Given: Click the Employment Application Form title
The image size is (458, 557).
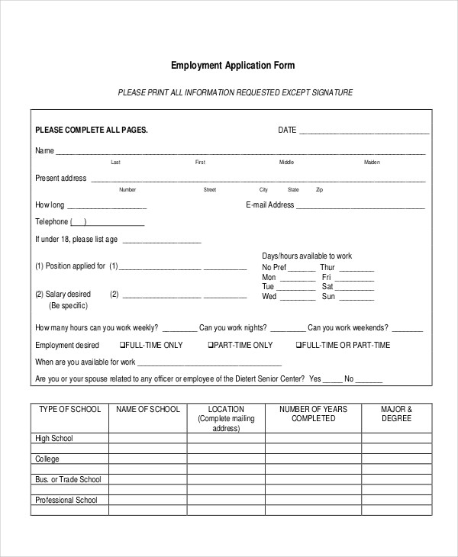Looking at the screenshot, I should tap(232, 66).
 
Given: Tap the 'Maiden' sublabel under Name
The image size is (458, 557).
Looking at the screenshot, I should tap(372, 163).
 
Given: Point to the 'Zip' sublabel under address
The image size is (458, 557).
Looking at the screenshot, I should tap(319, 190).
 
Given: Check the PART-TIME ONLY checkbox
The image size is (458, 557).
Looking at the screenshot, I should tap(211, 346).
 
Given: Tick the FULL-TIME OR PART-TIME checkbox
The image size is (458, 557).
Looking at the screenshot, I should tap(298, 346).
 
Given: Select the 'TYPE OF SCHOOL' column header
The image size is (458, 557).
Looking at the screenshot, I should tap(69, 410).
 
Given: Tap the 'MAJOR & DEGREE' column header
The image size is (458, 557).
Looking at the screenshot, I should tap(396, 414).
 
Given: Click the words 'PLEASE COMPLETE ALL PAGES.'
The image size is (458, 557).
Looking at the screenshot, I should tap(92, 130).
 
